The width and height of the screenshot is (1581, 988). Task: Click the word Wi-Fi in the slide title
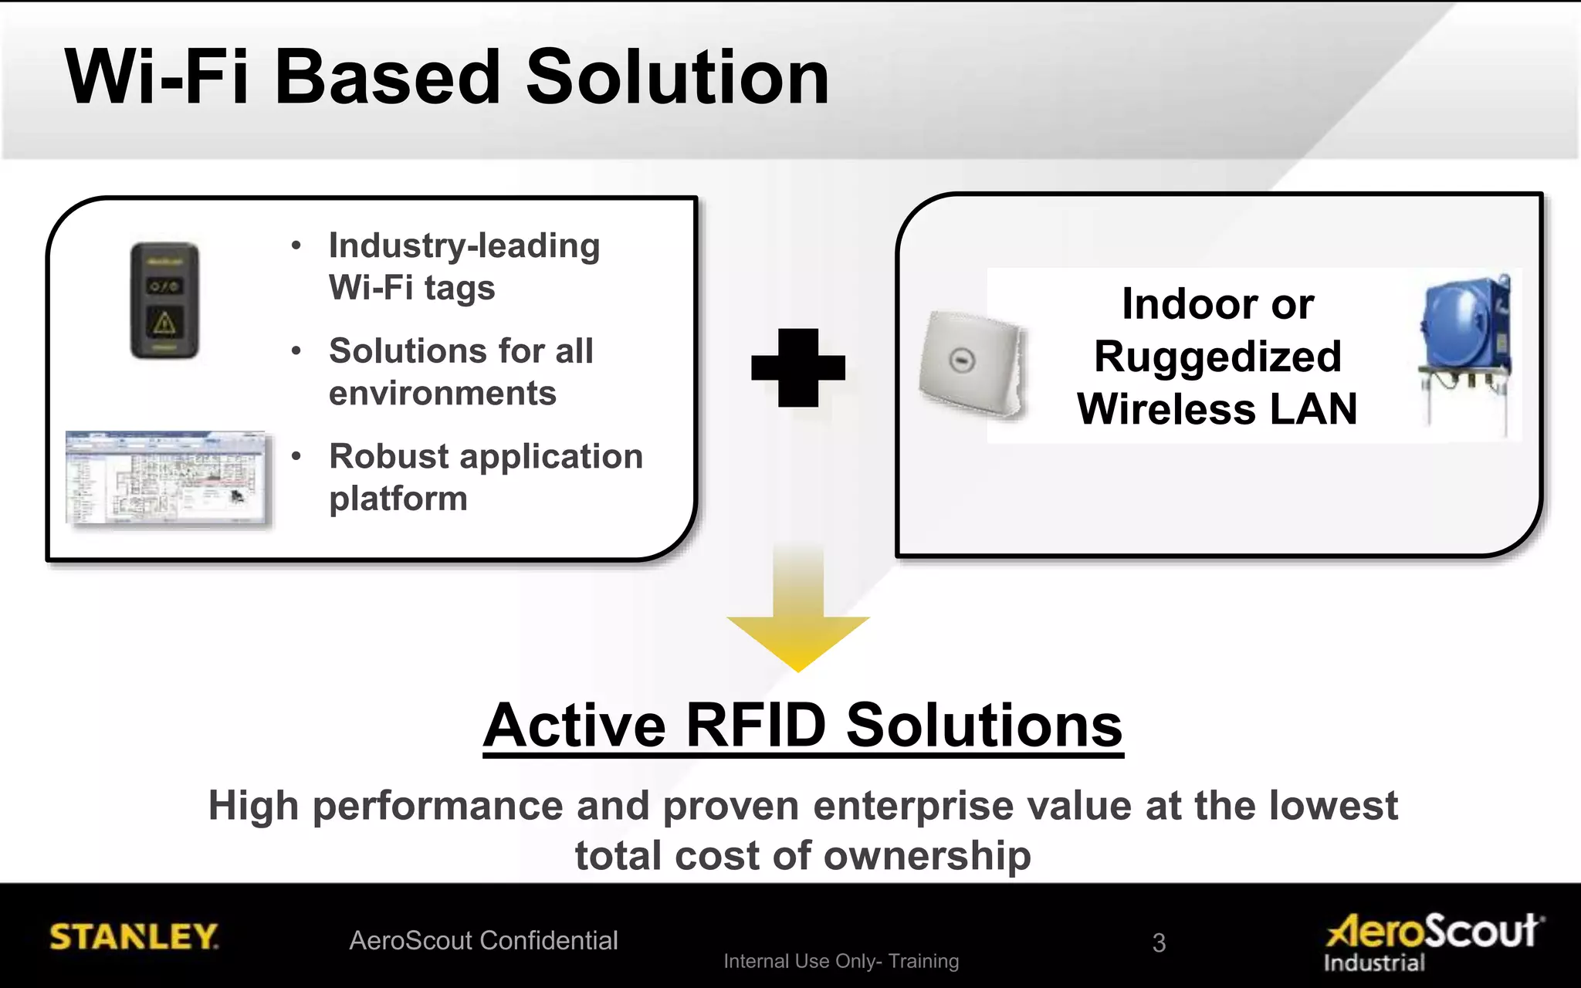point(157,77)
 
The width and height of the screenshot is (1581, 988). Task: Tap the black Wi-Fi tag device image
point(164,300)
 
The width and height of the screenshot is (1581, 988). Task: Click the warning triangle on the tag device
point(164,323)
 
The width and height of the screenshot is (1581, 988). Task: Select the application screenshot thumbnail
point(168,479)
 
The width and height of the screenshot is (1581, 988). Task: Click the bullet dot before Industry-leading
point(296,246)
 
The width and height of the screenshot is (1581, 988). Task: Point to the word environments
point(442,394)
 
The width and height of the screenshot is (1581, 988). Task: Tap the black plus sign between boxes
point(798,368)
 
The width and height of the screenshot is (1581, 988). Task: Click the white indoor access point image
point(971,363)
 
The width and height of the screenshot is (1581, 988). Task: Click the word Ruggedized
point(1217,357)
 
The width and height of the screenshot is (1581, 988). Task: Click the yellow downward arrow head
point(798,641)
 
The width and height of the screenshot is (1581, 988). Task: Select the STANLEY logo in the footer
point(134,936)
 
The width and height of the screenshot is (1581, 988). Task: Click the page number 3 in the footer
point(1159,942)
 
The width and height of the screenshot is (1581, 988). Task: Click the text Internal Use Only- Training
point(841,961)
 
